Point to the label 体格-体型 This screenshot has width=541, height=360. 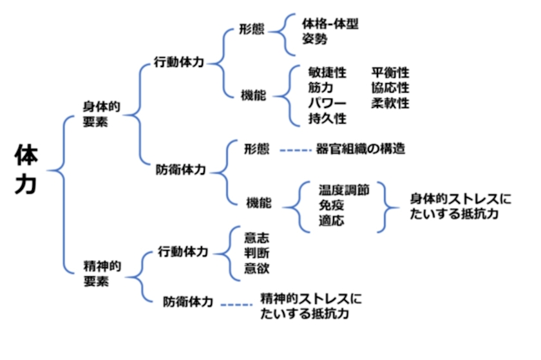pos(330,24)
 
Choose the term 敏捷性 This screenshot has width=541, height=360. pos(327,73)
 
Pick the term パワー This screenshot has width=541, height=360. pos(327,103)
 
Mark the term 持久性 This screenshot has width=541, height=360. pos(327,118)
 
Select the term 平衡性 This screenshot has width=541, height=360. pos(390,73)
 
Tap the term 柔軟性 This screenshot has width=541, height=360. pos(390,103)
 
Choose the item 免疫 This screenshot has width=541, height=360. pos(331,205)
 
